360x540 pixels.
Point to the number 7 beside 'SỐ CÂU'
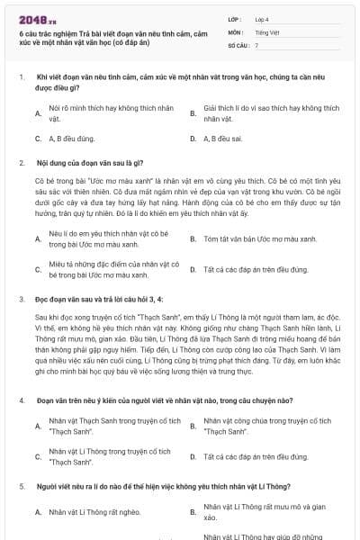pyautogui.click(x=256, y=44)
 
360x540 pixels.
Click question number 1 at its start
pyautogui.click(x=21, y=78)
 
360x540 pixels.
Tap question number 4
pyautogui.click(x=21, y=399)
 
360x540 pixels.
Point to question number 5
pyautogui.click(x=21, y=485)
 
